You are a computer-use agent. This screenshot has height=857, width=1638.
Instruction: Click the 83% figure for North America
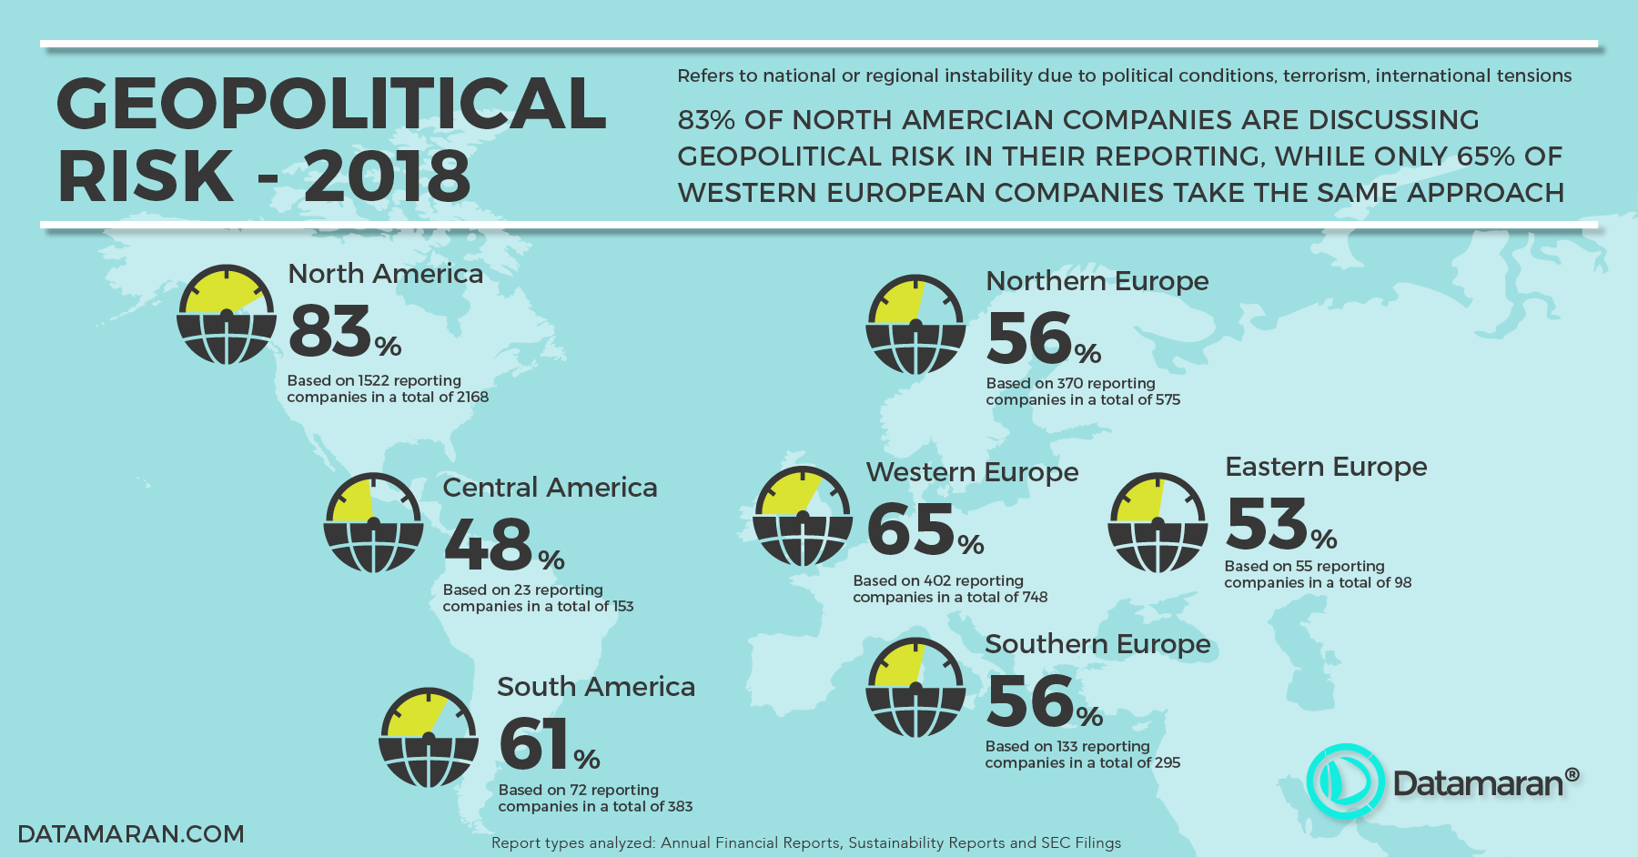click(x=344, y=331)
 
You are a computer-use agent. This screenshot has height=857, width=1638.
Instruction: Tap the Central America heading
click(x=550, y=488)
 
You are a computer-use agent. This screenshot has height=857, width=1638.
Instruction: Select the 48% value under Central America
click(x=503, y=544)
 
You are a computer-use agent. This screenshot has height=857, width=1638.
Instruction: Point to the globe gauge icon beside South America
click(x=428, y=737)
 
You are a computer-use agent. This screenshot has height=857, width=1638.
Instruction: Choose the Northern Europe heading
click(x=1097, y=281)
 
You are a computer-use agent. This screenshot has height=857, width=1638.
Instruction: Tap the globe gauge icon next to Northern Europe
click(x=915, y=325)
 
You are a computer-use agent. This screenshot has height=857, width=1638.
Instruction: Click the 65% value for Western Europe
click(x=925, y=529)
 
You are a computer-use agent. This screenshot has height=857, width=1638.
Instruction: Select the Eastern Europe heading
click(x=1326, y=467)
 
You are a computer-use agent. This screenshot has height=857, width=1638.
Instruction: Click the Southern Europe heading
click(x=1097, y=644)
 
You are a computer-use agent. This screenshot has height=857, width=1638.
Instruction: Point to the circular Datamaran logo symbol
click(x=1345, y=781)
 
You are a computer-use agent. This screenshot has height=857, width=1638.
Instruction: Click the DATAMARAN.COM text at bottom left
click(x=131, y=834)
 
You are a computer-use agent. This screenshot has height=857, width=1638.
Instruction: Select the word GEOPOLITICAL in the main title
click(x=331, y=104)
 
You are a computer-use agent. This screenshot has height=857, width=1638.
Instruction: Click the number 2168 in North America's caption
click(x=472, y=398)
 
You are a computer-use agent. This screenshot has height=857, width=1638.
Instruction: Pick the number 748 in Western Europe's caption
click(x=1035, y=598)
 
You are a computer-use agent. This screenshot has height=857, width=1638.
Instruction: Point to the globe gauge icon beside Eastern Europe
click(x=1158, y=523)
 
